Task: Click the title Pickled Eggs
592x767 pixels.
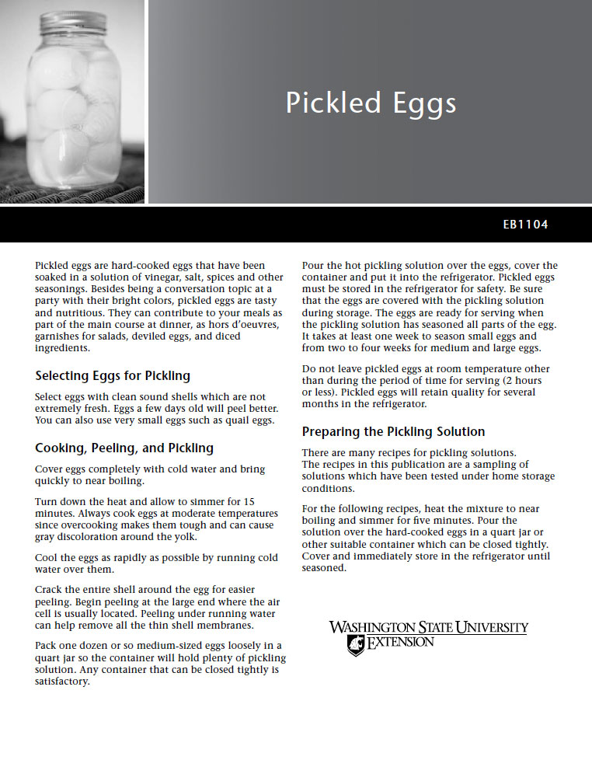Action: coord(371,103)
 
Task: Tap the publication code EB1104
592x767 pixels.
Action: coord(525,225)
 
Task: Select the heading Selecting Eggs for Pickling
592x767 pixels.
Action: coord(113,376)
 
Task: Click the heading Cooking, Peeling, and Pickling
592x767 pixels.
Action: coord(124,448)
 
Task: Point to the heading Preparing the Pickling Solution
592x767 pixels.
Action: coord(393,432)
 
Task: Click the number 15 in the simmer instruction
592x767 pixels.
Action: coord(249,503)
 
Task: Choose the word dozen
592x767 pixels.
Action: coord(110,646)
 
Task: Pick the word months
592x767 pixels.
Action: coord(319,404)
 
